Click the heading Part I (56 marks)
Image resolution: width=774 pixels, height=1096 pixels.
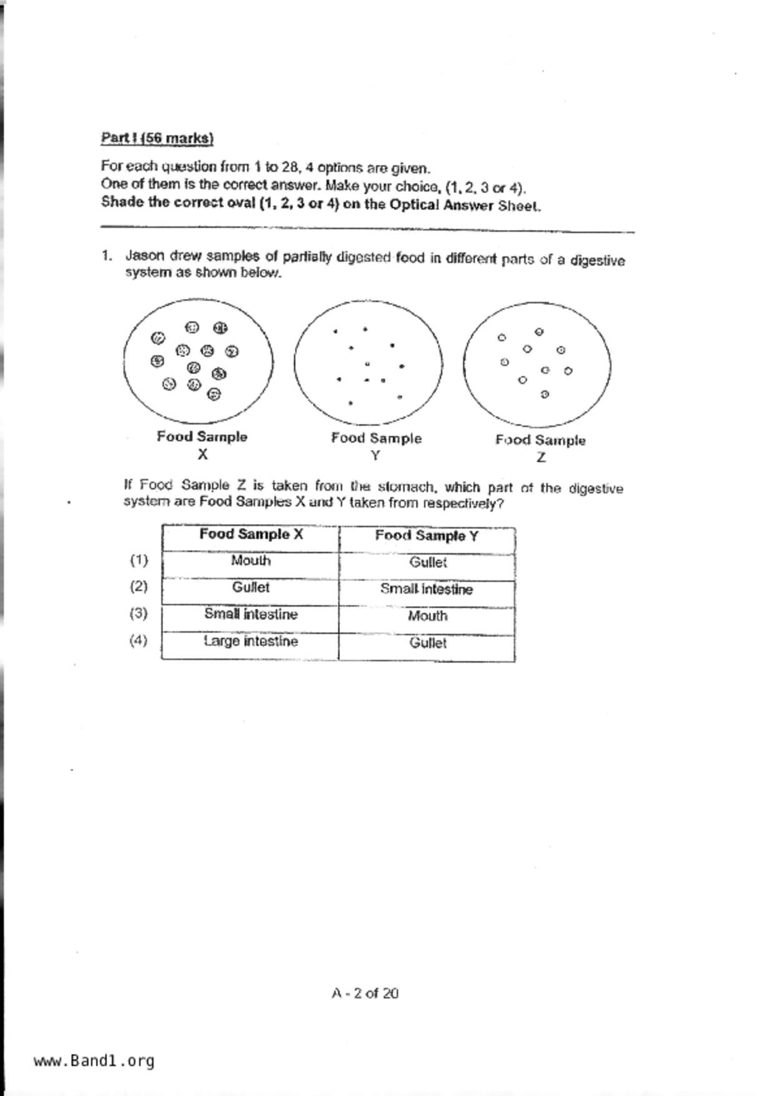[157, 138]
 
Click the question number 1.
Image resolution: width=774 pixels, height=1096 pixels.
[107, 256]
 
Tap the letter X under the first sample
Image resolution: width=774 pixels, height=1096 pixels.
[202, 455]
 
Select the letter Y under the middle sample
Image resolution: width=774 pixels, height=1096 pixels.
[375, 456]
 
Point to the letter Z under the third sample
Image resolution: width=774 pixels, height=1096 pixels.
[541, 457]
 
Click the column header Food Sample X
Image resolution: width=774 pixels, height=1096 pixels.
[251, 534]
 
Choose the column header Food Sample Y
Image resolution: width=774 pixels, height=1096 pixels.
[427, 536]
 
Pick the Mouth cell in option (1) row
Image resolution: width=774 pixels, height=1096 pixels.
[251, 560]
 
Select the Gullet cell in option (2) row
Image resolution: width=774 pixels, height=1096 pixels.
[251, 587]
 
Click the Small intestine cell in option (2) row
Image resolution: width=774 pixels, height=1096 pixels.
[427, 589]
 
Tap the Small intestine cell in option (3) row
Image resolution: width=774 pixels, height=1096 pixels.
[251, 614]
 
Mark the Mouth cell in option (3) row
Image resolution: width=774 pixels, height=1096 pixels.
[427, 616]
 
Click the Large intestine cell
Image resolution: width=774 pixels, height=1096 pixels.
[251, 642]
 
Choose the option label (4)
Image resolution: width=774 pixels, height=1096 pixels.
[139, 640]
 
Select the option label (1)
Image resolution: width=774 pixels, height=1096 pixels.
[139, 560]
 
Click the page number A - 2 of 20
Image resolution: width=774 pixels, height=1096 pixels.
[365, 993]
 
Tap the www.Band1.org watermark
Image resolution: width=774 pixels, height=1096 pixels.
[94, 1060]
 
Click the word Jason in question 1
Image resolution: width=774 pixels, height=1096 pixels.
[145, 256]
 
